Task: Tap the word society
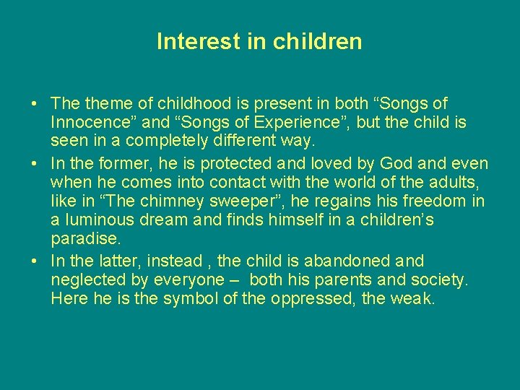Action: click(438, 279)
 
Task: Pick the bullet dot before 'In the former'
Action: click(35, 164)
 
